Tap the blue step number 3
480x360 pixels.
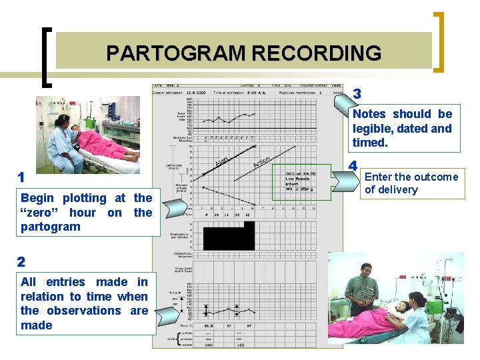click(357, 93)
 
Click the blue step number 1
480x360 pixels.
click(22, 177)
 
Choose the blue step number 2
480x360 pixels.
click(22, 261)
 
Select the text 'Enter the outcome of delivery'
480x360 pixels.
click(411, 183)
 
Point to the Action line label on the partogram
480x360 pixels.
click(261, 160)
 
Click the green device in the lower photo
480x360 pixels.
click(435, 307)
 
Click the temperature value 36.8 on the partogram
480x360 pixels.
click(208, 326)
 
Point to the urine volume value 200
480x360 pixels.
click(208, 345)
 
